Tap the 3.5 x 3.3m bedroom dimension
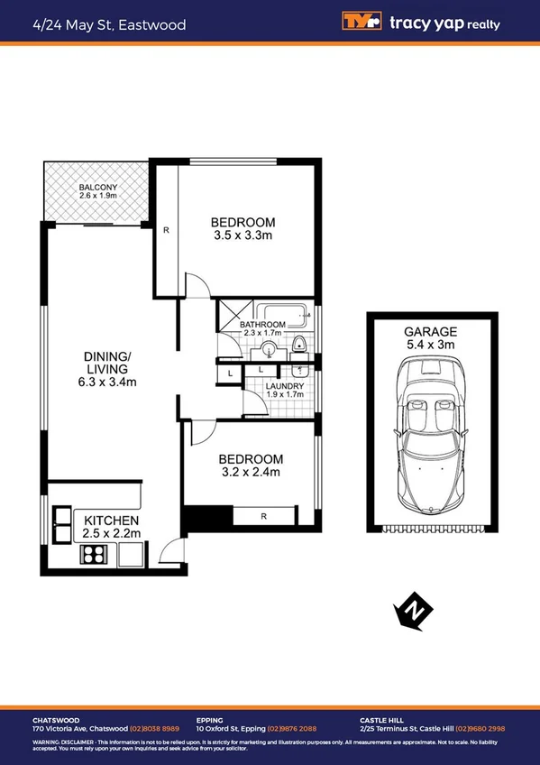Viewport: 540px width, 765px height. (243, 235)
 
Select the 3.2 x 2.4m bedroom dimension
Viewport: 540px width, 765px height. (250, 472)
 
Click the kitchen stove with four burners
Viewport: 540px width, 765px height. (95, 555)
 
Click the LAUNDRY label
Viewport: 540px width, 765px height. (283, 387)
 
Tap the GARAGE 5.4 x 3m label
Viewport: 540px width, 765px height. (431, 337)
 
